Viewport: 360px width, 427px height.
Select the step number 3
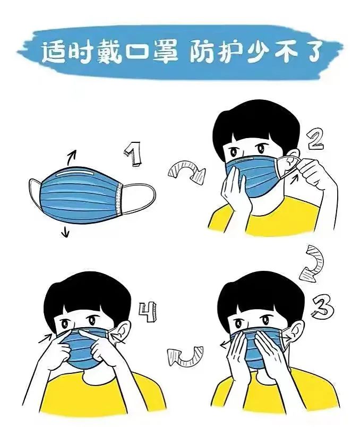click(x=323, y=307)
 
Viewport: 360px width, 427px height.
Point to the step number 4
click(x=148, y=312)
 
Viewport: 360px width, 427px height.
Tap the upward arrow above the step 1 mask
click(x=71, y=157)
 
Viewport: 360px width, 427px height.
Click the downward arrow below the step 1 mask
click(x=66, y=231)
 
